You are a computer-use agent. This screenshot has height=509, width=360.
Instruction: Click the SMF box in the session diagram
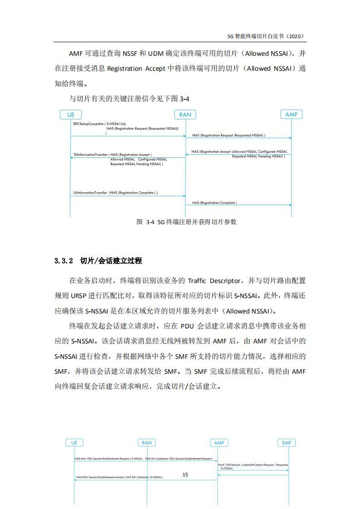coord(286,442)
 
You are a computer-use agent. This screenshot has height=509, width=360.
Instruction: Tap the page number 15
coord(185,475)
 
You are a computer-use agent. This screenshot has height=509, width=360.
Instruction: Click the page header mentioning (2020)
coord(265,36)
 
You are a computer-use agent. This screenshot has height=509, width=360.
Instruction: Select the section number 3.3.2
coord(64,261)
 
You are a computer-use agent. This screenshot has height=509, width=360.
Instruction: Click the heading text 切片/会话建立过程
coord(111,261)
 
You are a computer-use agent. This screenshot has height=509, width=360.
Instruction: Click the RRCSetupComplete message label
coord(88,123)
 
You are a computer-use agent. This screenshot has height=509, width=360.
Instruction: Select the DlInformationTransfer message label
coord(90,155)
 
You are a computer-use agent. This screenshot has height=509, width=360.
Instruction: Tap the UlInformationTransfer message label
coord(90,192)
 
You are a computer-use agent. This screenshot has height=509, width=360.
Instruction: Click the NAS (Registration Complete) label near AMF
coord(214,203)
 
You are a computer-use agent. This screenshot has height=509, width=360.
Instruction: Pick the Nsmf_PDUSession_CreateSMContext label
coord(253,465)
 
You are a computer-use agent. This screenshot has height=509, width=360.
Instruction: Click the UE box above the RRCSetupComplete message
coord(70,115)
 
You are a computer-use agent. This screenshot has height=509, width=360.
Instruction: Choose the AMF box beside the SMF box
coord(218,442)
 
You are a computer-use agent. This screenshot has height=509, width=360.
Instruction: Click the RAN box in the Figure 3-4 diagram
coord(185,115)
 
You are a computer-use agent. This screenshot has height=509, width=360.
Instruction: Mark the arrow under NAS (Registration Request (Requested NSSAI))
coord(238,138)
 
